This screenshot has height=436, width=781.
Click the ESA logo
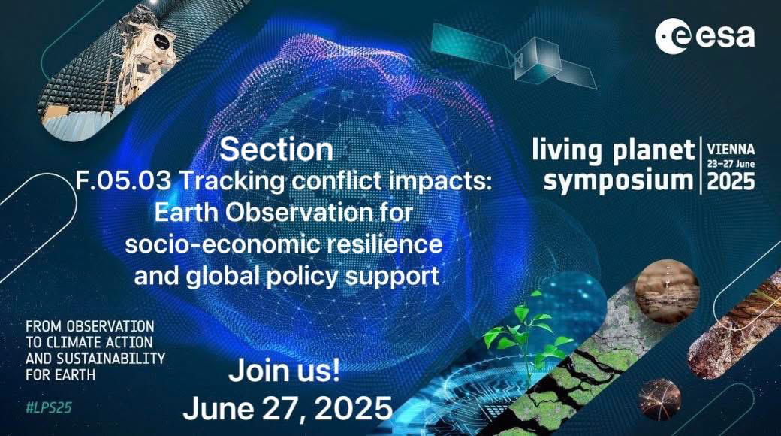[704, 36]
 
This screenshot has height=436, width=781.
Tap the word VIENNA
[731, 149]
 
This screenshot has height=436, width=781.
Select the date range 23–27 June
[731, 164]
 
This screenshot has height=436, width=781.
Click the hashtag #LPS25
[49, 407]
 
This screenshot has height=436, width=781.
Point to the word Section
[276, 149]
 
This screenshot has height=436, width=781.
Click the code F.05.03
[123, 180]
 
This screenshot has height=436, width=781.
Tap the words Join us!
[285, 371]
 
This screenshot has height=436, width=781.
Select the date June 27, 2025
[288, 409]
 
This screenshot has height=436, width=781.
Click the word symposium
[617, 180]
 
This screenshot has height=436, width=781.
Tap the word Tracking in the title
[231, 181]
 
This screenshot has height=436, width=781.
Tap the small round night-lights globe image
[659, 400]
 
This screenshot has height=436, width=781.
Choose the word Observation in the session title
[299, 213]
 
